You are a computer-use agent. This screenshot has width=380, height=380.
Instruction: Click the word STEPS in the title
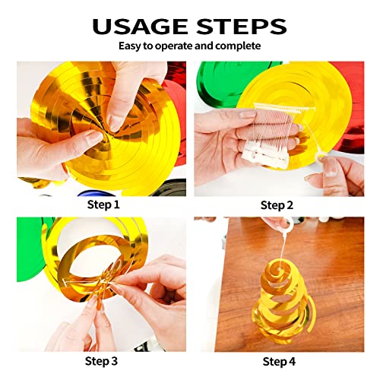(x=241, y=26)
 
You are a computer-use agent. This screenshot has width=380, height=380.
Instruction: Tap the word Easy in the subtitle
(x=130, y=46)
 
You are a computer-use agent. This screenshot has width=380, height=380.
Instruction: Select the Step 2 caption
(x=278, y=205)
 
